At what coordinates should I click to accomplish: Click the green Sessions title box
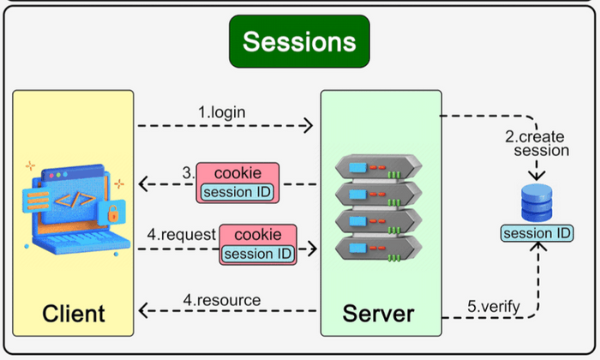click(x=298, y=41)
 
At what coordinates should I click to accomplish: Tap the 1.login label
click(x=223, y=112)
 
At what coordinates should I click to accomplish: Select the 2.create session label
click(x=537, y=142)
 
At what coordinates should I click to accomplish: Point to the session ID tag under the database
click(x=537, y=233)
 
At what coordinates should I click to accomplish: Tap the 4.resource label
click(x=223, y=300)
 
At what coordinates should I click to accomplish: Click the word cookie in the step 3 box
click(x=238, y=171)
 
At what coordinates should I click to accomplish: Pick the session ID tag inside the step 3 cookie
click(x=238, y=190)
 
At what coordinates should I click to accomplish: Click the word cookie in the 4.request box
click(x=258, y=234)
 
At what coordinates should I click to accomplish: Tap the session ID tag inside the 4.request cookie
click(x=258, y=253)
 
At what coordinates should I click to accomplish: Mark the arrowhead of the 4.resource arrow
click(x=142, y=312)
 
